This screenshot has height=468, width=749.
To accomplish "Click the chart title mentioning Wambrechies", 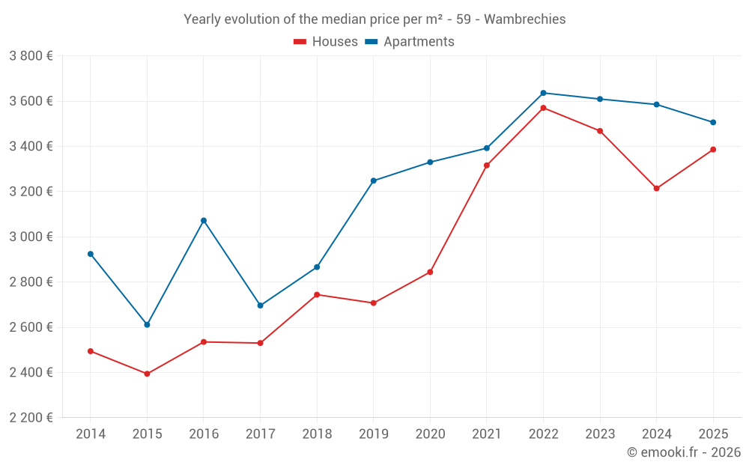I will [x=374, y=19].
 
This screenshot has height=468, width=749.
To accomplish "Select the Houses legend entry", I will [x=326, y=42].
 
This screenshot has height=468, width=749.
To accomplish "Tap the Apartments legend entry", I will [x=410, y=42].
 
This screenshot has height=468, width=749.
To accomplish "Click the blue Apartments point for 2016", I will [x=204, y=221].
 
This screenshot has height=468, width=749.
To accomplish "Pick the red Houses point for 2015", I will [x=147, y=374].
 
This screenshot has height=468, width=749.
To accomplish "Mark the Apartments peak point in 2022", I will [x=543, y=93].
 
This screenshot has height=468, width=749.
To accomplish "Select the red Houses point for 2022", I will [x=543, y=108].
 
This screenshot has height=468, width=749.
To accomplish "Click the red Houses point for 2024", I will [x=656, y=189].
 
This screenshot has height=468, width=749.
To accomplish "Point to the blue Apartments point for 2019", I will [x=373, y=180].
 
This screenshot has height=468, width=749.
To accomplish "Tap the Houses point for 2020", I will [x=430, y=272].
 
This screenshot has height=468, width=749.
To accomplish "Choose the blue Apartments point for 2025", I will [x=713, y=122].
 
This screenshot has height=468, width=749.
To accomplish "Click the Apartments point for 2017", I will [x=260, y=306].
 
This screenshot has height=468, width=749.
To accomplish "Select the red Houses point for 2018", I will [x=317, y=294].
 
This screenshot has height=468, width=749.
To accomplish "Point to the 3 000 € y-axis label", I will [x=31, y=237].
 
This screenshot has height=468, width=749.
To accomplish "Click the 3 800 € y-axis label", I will [x=31, y=56].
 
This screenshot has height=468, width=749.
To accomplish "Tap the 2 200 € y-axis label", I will [x=31, y=418].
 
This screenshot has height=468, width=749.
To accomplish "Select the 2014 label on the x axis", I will [x=91, y=434].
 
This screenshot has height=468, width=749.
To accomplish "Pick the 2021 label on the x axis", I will [x=487, y=434].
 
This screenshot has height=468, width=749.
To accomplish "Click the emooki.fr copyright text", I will [x=683, y=452].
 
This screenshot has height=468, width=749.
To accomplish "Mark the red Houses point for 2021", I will [x=487, y=165].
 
